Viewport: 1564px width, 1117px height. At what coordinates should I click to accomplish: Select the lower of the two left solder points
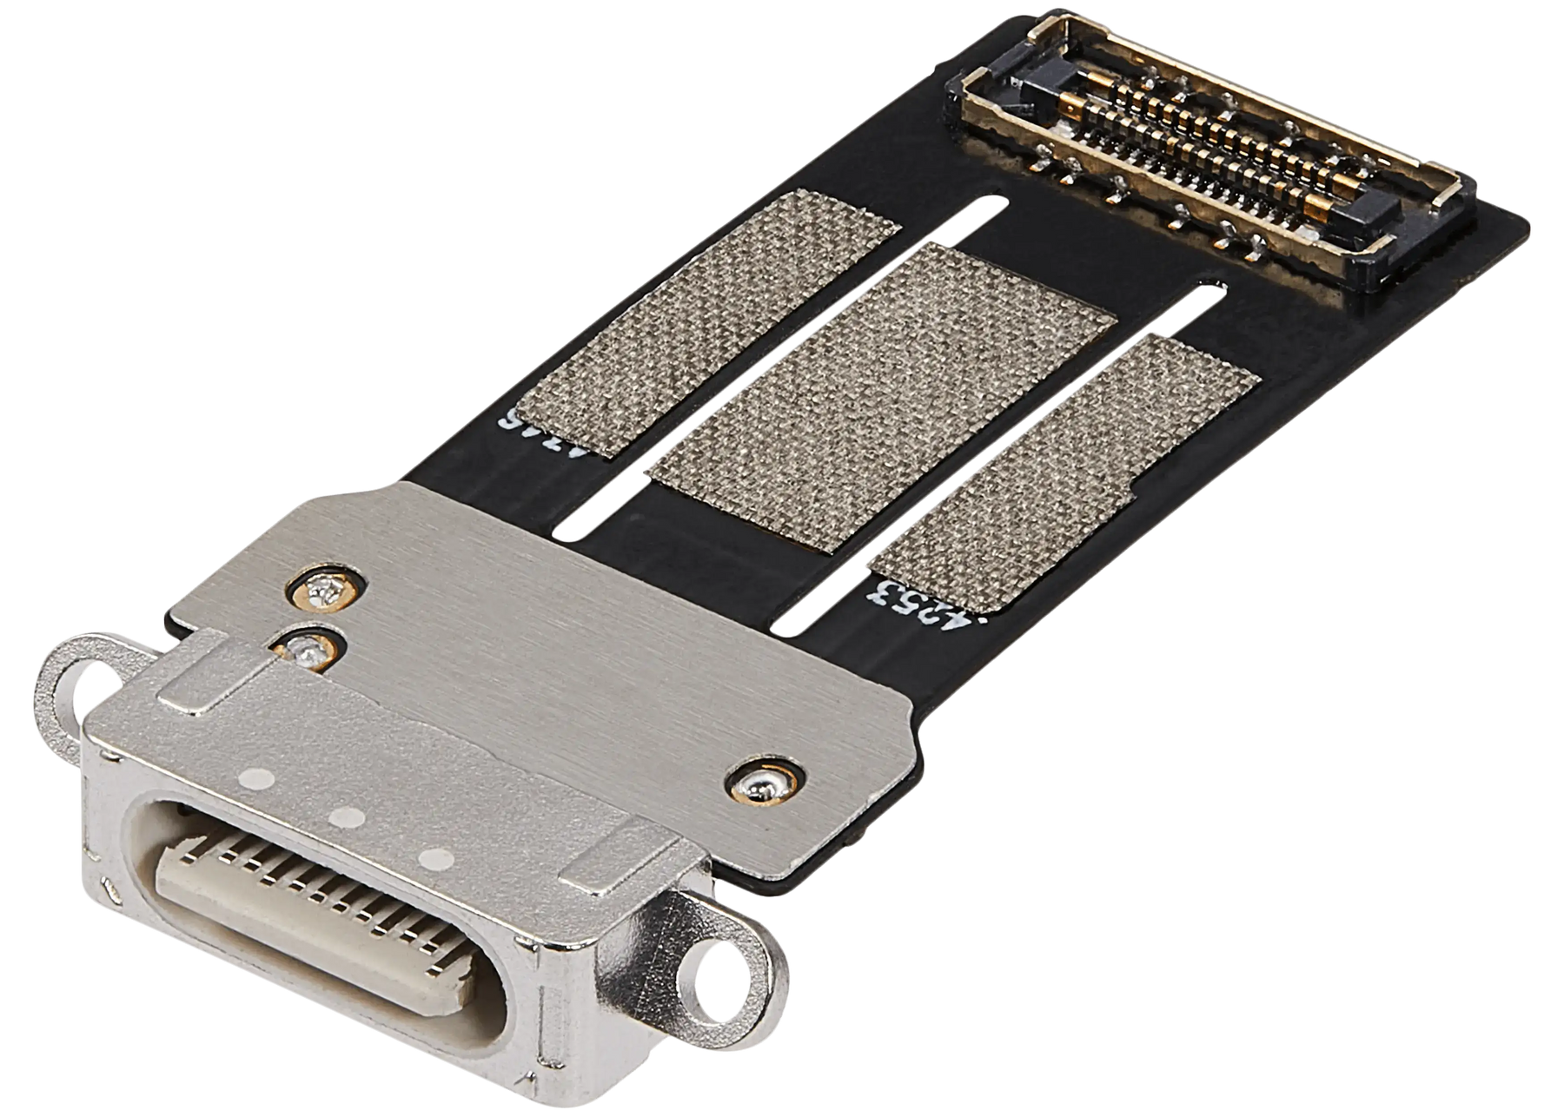coord(306,648)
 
